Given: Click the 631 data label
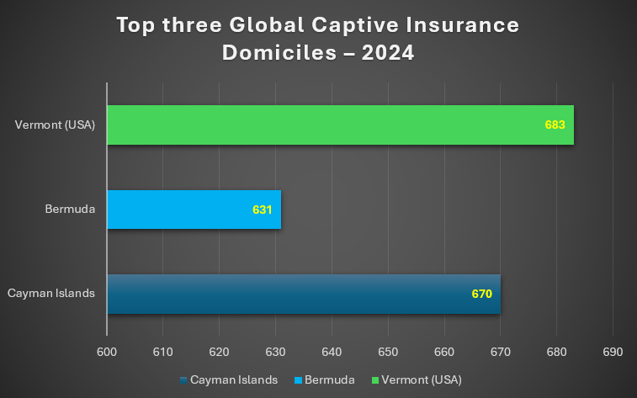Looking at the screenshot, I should pyautogui.click(x=263, y=210).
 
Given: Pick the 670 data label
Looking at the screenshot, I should pyautogui.click(x=482, y=295).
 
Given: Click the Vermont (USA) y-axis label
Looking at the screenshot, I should pyautogui.click(x=56, y=125).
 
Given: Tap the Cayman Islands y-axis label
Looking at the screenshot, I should pyautogui.click(x=50, y=294).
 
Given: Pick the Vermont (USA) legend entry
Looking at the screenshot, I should pyautogui.click(x=419, y=379).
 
